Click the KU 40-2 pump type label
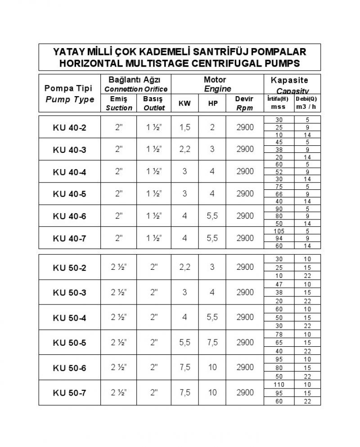pyautogui.click(x=69, y=128)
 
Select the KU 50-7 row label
pyautogui.click(x=69, y=393)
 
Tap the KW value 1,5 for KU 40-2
pyautogui.click(x=184, y=128)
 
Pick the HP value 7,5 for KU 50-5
pyautogui.click(x=212, y=343)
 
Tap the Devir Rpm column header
pyautogui.click(x=245, y=103)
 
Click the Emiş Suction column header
pyautogui.click(x=119, y=103)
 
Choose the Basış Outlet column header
pyautogui.click(x=154, y=103)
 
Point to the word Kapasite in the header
pyautogui.click(x=289, y=80)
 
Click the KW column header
pyautogui.click(x=184, y=103)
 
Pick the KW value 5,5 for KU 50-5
pyautogui.click(x=184, y=343)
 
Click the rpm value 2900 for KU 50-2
pyautogui.click(x=245, y=267)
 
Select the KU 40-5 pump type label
pyautogui.click(x=69, y=194)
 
